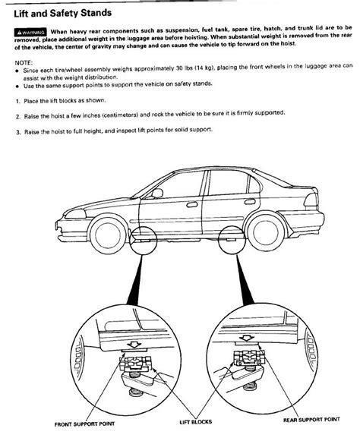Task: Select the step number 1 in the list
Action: pyautogui.click(x=17, y=100)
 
